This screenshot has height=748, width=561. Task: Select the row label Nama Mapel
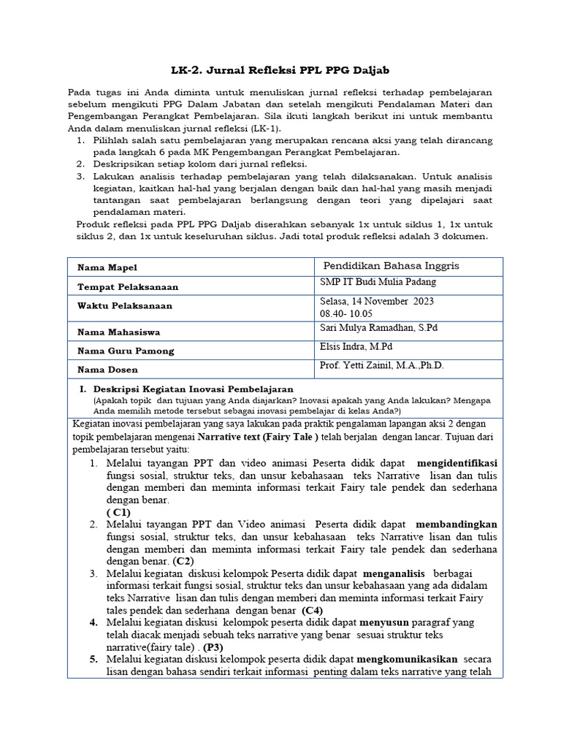click(107, 268)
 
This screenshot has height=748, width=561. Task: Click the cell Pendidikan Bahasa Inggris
click(392, 265)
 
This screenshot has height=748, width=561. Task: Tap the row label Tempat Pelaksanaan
click(128, 287)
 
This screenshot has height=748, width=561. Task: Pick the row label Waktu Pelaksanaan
click(125, 306)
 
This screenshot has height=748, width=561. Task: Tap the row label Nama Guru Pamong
click(126, 351)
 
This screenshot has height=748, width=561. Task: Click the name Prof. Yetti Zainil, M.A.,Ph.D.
click(381, 366)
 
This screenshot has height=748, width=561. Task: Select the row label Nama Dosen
click(107, 370)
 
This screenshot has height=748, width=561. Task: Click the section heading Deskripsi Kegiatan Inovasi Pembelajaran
click(193, 389)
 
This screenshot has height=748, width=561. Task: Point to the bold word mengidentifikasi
click(457, 464)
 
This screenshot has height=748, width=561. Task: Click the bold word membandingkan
click(456, 524)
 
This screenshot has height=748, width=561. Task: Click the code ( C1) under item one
click(118, 513)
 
